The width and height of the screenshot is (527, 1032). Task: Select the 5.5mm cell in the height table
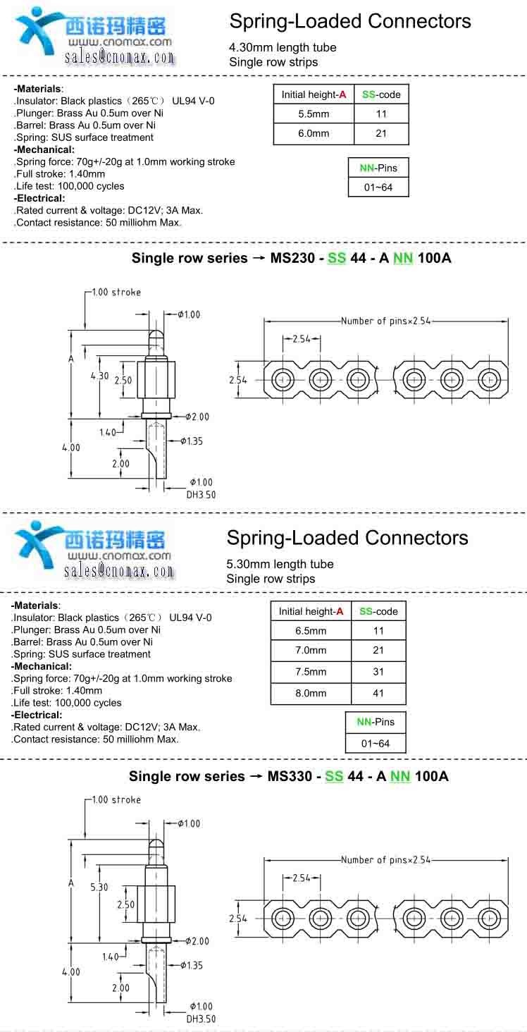(x=314, y=113)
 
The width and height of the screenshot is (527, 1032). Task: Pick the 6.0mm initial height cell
(x=314, y=133)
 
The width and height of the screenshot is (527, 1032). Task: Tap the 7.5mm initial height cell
(x=311, y=672)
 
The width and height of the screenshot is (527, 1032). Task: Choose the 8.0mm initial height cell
(x=311, y=693)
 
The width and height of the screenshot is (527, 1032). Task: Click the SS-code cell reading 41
(x=378, y=693)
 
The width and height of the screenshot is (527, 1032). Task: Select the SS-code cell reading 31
(x=378, y=672)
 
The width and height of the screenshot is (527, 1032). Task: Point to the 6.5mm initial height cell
(x=311, y=631)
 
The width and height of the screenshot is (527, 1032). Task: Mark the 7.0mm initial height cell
(x=311, y=651)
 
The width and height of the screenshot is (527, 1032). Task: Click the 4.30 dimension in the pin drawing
(x=99, y=376)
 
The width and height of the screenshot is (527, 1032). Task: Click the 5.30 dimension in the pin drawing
(x=99, y=887)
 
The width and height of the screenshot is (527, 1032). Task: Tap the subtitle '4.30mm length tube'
(x=283, y=47)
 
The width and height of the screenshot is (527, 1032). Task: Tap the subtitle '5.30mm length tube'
(x=280, y=564)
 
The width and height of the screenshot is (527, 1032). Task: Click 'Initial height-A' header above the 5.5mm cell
(x=314, y=94)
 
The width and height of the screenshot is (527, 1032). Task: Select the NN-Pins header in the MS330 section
(x=376, y=722)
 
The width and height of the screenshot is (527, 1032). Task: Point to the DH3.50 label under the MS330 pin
(x=201, y=1019)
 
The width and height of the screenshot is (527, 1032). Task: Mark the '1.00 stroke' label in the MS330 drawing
(x=116, y=800)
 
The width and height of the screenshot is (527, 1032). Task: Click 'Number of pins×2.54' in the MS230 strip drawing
(x=385, y=321)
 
